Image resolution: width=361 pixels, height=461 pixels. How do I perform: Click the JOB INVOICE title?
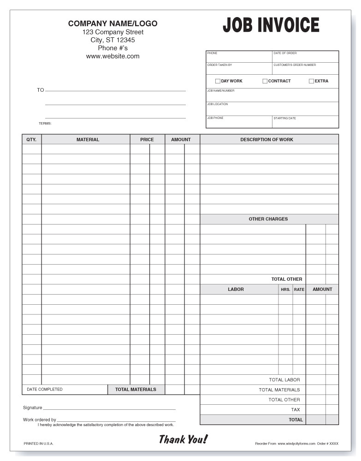(271, 25)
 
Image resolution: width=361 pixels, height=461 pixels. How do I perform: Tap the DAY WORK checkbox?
(218, 81)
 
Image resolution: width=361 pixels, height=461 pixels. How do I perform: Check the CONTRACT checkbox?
(265, 81)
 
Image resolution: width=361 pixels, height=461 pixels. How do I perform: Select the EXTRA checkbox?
(311, 81)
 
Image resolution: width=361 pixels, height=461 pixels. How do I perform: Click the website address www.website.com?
(112, 56)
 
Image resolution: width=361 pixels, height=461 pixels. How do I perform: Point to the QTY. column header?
(31, 139)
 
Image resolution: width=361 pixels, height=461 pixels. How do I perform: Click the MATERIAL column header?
(88, 139)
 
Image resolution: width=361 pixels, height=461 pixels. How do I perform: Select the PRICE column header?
(147, 139)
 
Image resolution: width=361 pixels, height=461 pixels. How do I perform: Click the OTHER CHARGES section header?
(268, 219)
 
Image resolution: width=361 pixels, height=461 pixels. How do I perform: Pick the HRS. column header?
(285, 290)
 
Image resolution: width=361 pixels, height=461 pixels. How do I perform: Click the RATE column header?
(299, 290)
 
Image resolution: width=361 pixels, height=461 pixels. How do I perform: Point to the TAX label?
(295, 409)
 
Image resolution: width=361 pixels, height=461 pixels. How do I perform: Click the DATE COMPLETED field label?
(45, 390)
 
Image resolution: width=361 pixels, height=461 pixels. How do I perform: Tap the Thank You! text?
(183, 439)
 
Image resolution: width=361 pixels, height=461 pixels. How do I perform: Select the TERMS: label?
(45, 124)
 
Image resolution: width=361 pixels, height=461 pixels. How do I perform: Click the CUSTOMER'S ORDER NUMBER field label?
(295, 65)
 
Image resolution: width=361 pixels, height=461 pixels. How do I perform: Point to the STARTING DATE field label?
(284, 118)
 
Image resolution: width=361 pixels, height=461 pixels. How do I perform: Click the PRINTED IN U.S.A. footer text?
(38, 443)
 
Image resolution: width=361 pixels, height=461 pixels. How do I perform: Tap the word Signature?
(32, 408)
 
